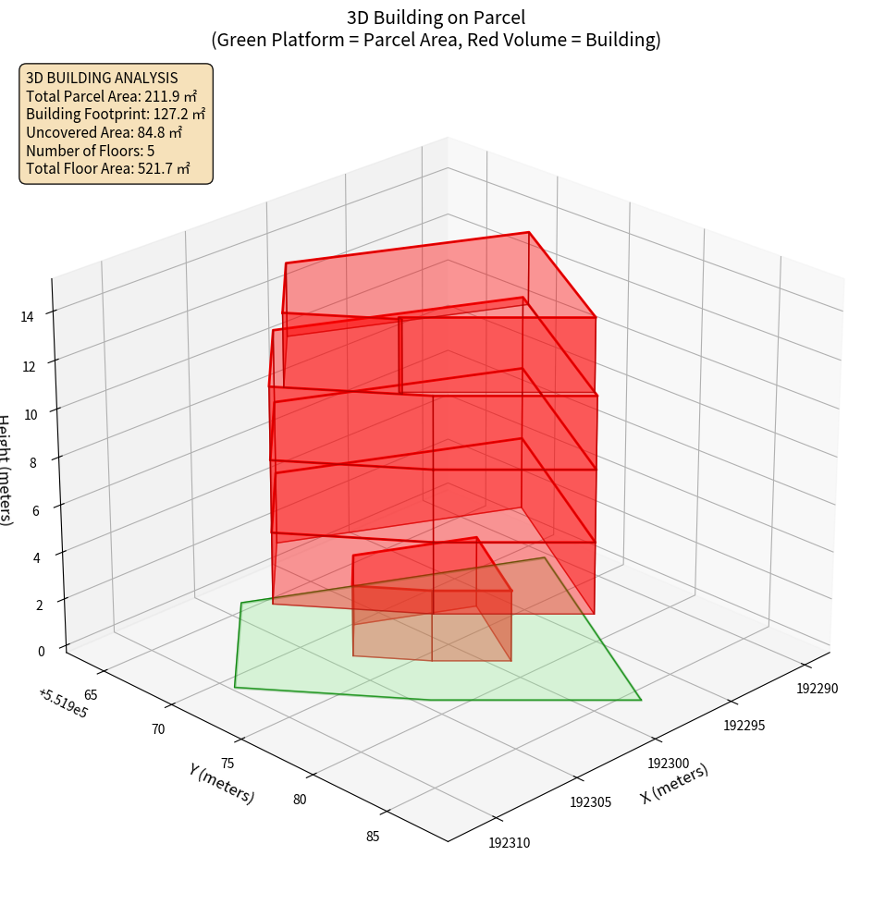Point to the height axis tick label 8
pos(32,461)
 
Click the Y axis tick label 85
pos(373,837)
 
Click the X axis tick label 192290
pos(818,688)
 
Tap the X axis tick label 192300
pos(668,764)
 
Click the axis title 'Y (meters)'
pos(222,782)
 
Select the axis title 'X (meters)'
pos(674,784)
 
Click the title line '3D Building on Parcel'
pos(436,17)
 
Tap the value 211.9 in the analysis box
pos(164,96)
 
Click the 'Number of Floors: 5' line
pos(90,151)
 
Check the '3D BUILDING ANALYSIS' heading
pos(102,79)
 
